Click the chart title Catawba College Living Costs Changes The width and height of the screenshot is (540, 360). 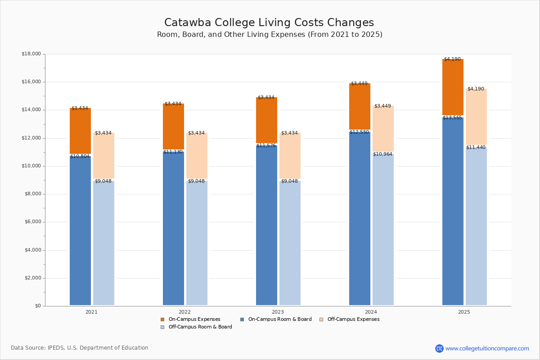tap(269, 23)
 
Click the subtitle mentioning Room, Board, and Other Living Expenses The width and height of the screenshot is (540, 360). tap(270, 35)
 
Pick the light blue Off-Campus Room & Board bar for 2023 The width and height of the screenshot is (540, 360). tap(290, 243)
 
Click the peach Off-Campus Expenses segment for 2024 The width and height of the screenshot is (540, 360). tap(383, 130)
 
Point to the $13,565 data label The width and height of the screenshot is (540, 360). tap(452, 118)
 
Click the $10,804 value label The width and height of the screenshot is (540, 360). tap(80, 157)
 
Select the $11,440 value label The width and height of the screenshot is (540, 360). tap(476, 148)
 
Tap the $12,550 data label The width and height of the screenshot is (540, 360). tap(359, 132)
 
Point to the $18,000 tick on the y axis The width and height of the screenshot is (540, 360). tap(31, 54)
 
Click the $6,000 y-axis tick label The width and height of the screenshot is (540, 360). tap(32, 222)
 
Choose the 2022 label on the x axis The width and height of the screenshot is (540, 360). tap(184, 312)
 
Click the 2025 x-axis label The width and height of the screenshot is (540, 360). tap(464, 312)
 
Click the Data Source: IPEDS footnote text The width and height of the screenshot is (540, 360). tap(80, 348)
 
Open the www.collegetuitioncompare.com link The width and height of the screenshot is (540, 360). tap(487, 348)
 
